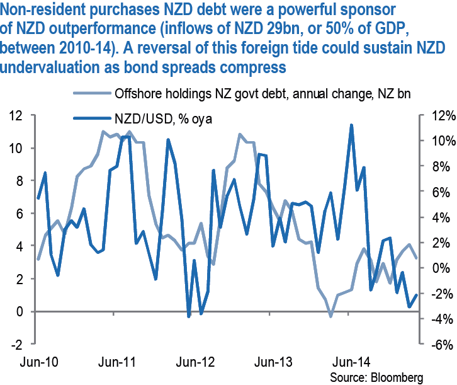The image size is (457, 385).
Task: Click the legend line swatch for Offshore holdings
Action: pyautogui.click(x=89, y=95)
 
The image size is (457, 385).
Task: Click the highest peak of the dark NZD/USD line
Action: pyautogui.click(x=351, y=125)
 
